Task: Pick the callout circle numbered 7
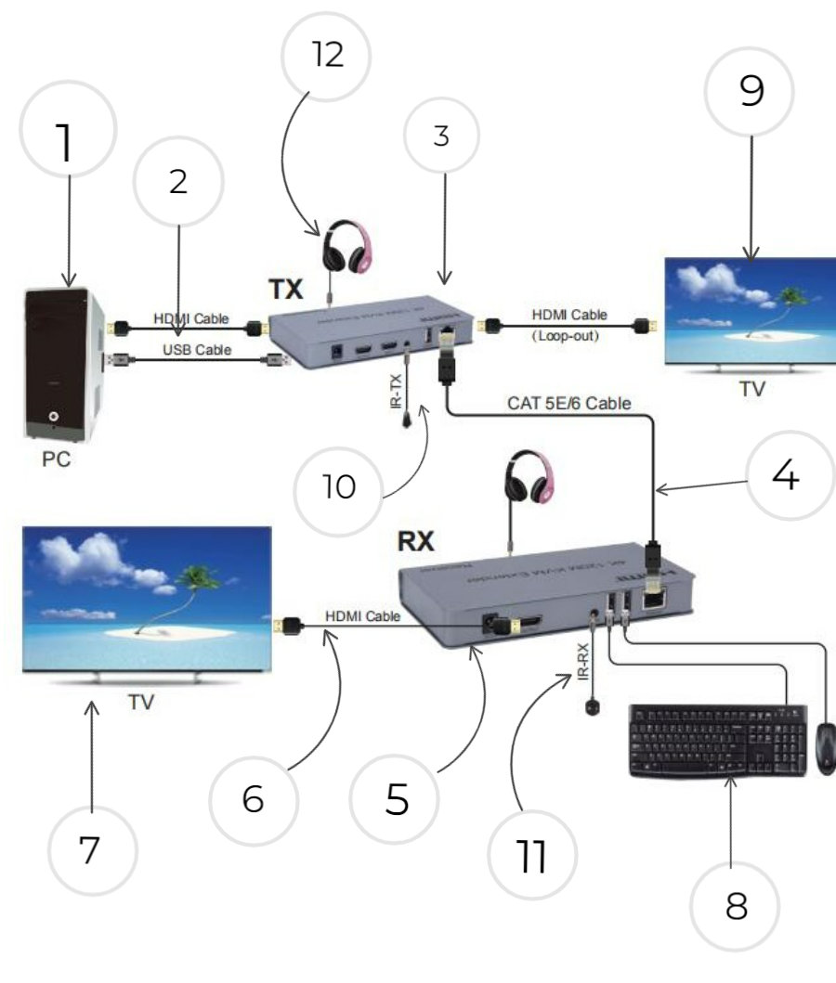91,850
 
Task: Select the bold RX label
416,541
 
